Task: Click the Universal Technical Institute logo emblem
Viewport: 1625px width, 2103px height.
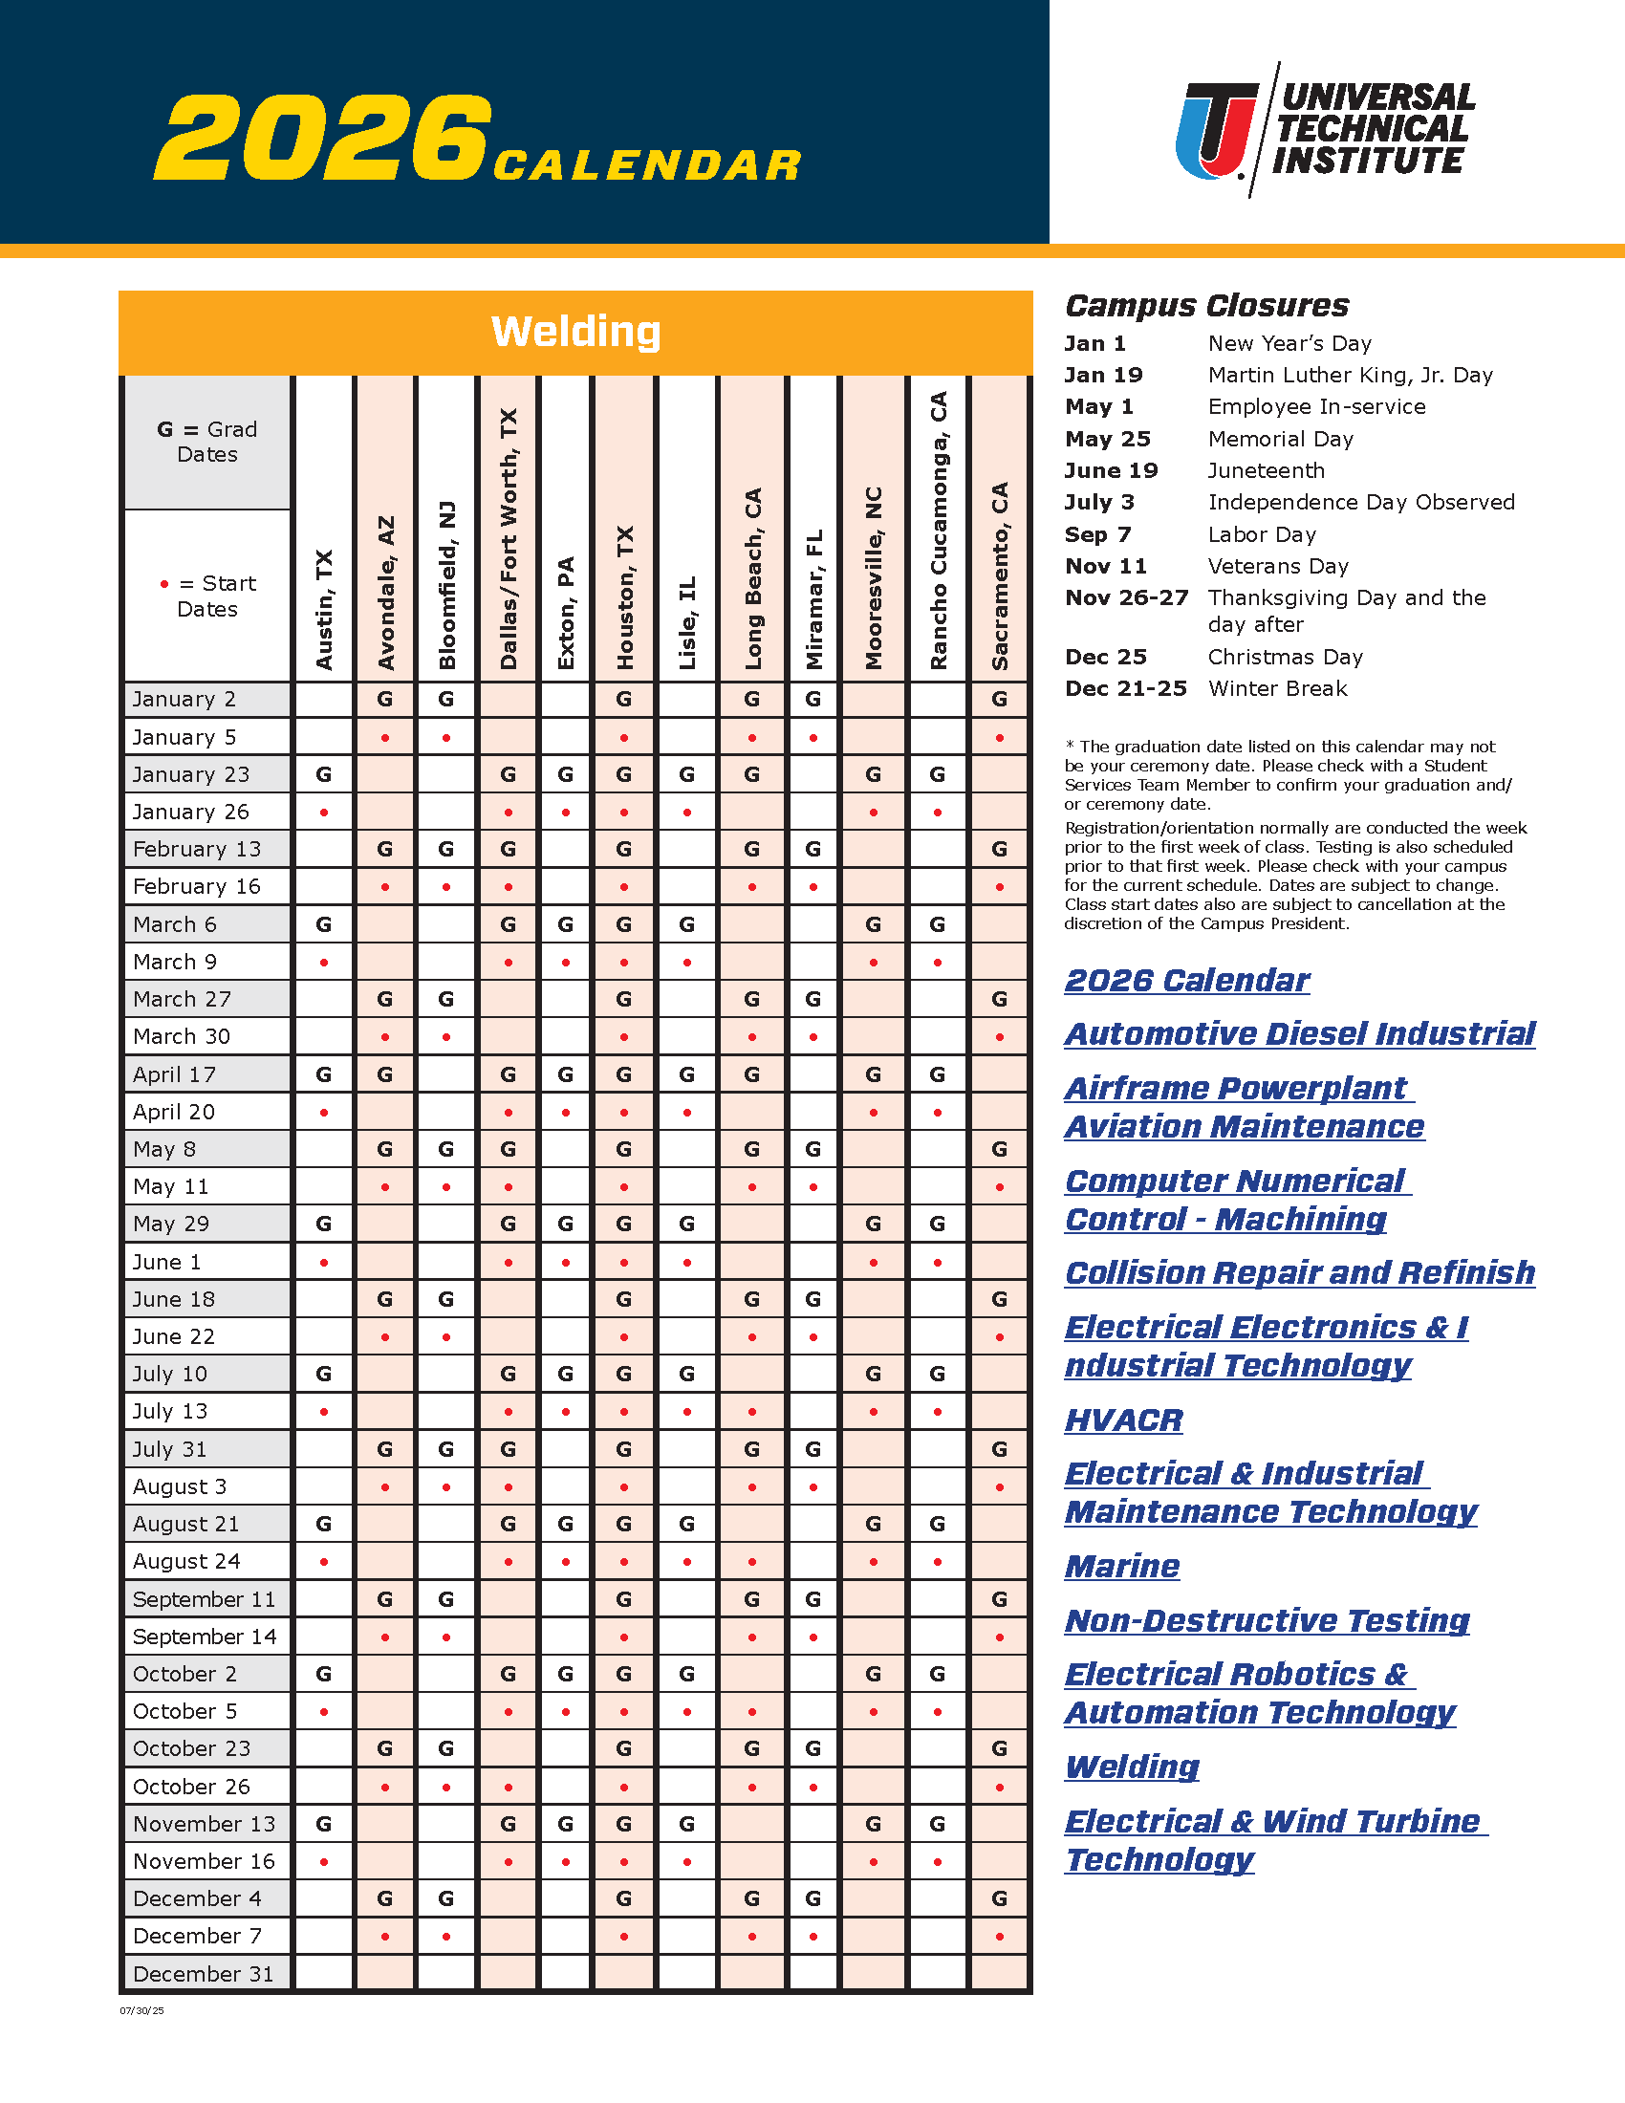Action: (x=1216, y=131)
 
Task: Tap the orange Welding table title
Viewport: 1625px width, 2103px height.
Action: (x=575, y=332)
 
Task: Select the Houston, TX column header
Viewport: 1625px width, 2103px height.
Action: (x=625, y=597)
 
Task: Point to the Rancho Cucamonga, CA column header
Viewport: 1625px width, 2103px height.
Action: (x=938, y=530)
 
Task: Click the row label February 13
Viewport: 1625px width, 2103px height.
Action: (x=197, y=849)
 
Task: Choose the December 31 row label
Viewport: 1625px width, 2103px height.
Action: (x=203, y=1974)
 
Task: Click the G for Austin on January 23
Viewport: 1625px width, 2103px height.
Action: (x=323, y=774)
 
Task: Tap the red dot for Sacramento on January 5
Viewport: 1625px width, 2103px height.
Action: (x=999, y=739)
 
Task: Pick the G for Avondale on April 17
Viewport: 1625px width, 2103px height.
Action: (x=385, y=1074)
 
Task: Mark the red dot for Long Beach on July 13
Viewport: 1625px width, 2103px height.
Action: (x=752, y=1413)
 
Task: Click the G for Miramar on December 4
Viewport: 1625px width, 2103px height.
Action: (x=813, y=1898)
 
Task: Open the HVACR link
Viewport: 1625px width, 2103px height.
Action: (x=1123, y=1420)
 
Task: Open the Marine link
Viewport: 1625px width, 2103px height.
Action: (x=1121, y=1567)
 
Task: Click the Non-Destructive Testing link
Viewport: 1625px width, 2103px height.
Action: (x=1267, y=1620)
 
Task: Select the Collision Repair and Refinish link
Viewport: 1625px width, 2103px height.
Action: (x=1300, y=1273)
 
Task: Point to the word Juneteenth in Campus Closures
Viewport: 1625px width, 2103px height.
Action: (x=1266, y=471)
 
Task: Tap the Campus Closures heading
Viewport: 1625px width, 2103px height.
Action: (x=1206, y=305)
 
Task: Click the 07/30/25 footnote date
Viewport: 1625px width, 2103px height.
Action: (x=141, y=2010)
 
